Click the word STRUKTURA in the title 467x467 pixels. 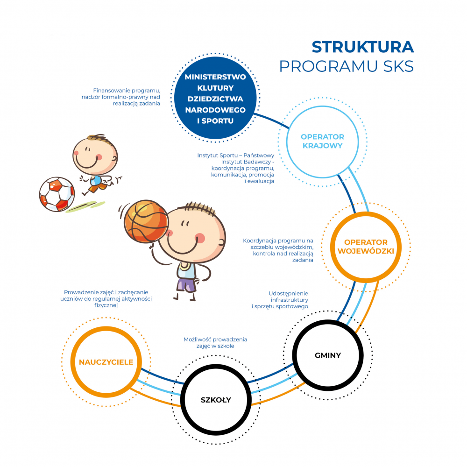[363, 47]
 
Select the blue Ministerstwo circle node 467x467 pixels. [215, 98]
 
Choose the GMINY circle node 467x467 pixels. [328, 322]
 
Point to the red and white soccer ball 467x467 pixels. [57, 194]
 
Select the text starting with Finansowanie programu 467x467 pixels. [121, 97]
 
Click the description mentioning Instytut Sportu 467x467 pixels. [235, 168]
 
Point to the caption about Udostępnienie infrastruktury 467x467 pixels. [280, 300]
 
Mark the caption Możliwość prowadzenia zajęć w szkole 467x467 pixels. [215, 342]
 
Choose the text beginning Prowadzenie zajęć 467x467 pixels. [106, 299]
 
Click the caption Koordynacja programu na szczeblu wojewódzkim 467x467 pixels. [278, 250]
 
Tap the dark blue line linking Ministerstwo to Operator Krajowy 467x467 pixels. [272, 120]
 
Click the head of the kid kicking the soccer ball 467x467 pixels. [95, 156]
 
